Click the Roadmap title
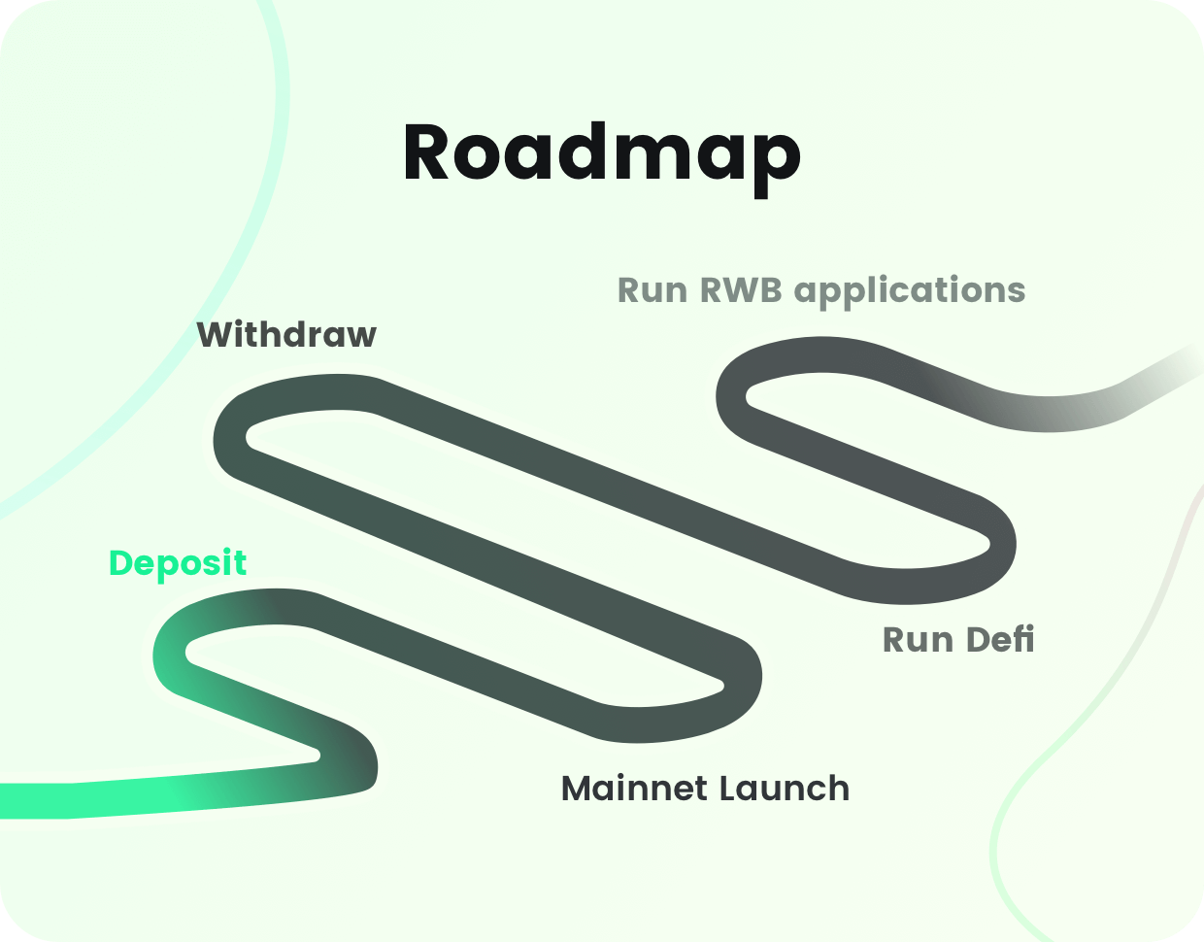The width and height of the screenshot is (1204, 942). click(602, 153)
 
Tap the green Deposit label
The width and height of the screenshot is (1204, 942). click(178, 563)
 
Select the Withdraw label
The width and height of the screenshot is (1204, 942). click(286, 335)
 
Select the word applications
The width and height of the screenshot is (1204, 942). click(910, 291)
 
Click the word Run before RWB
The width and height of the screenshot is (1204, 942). click(652, 290)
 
